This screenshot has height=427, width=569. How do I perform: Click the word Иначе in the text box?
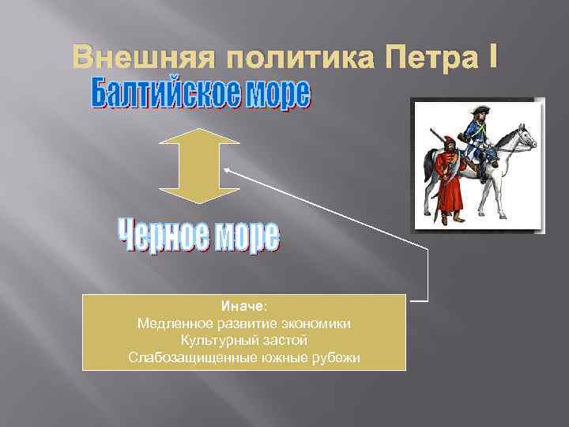pyautogui.click(x=243, y=306)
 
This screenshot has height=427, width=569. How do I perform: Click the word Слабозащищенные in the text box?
pyautogui.click(x=185, y=358)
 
